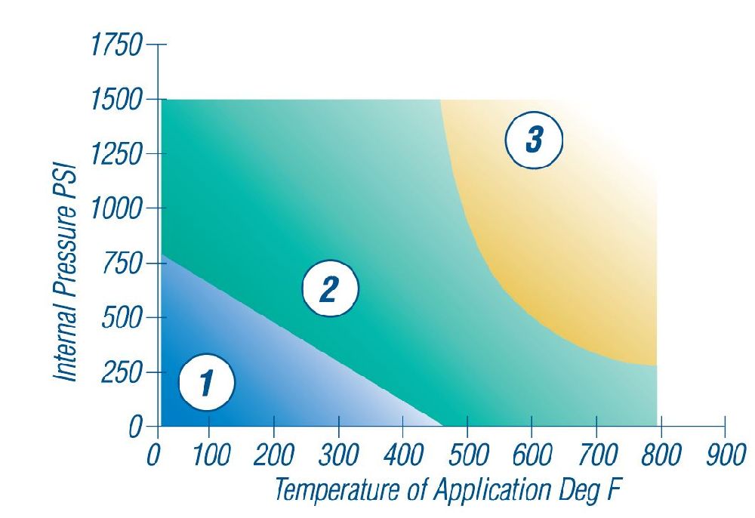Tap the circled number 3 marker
pos(535,141)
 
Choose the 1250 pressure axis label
pos(115,155)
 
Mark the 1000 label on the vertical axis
pos(115,209)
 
